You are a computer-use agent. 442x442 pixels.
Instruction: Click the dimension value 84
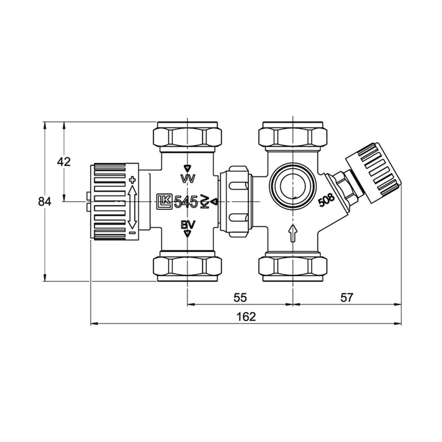pyautogui.click(x=45, y=202)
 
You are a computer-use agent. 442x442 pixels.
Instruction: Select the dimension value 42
pyautogui.click(x=64, y=162)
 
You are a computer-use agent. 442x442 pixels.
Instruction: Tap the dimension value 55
pyautogui.click(x=240, y=298)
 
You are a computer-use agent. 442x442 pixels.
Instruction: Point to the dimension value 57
pyautogui.click(x=346, y=298)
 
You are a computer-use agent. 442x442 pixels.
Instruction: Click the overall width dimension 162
pyautogui.click(x=246, y=317)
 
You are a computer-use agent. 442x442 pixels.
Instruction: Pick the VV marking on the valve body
pyautogui.click(x=188, y=179)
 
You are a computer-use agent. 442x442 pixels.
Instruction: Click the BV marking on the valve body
pyautogui.click(x=188, y=225)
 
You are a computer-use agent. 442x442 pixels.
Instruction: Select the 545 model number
pyautogui.click(x=186, y=202)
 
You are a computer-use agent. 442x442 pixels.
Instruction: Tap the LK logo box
pyautogui.click(x=164, y=202)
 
